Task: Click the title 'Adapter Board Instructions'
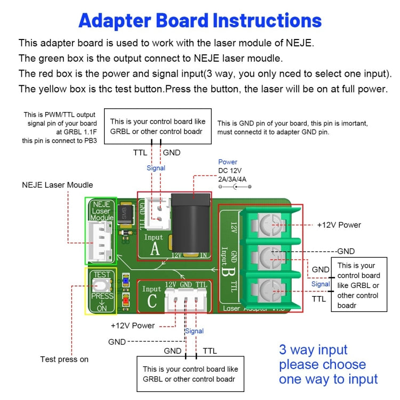click(x=200, y=21)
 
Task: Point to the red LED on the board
click(x=125, y=300)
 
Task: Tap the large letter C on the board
click(x=151, y=301)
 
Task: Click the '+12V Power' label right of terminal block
click(x=339, y=225)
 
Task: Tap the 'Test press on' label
click(x=65, y=359)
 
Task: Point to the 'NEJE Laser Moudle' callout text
click(x=58, y=185)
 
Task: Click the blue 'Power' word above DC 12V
click(x=228, y=162)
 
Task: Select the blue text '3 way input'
click(x=313, y=350)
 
